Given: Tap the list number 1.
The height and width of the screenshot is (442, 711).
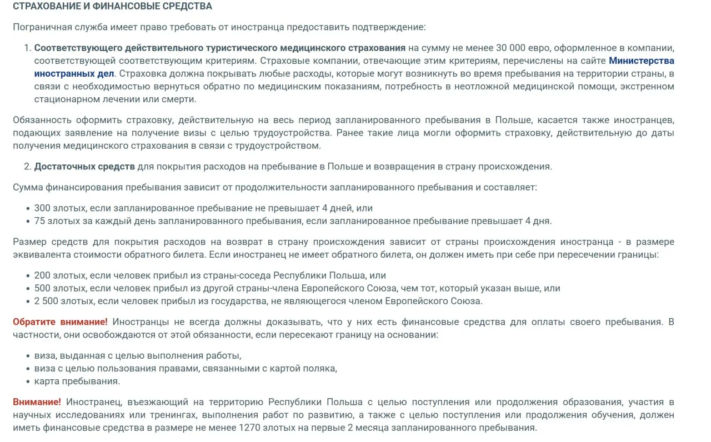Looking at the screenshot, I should coord(27,47).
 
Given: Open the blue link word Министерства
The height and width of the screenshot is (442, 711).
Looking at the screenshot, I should coord(642,61).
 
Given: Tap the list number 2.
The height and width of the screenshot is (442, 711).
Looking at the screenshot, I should coord(27,167).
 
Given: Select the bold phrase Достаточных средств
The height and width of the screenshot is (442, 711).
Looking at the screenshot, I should coord(84,167).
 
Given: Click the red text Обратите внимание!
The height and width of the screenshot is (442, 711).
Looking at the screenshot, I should coord(60,322).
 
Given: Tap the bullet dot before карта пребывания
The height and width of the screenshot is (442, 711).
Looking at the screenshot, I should coord(28,381).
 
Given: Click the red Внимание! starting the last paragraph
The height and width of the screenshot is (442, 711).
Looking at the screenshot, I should coord(37,402).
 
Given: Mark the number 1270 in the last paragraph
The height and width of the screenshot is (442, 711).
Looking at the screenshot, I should coord(249,428).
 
